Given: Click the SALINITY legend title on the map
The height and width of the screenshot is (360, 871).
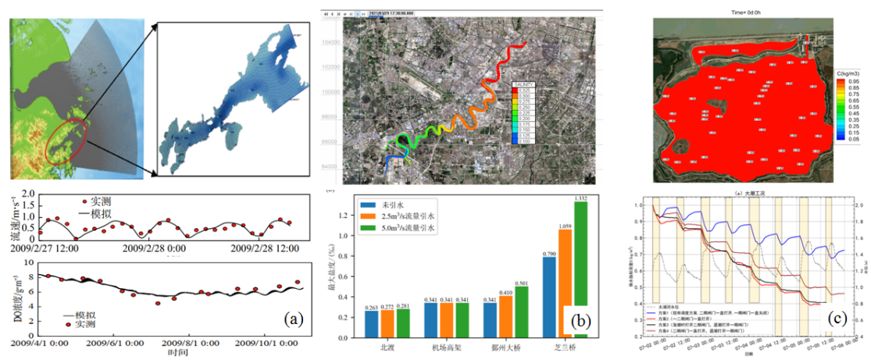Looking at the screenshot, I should pos(523,84).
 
